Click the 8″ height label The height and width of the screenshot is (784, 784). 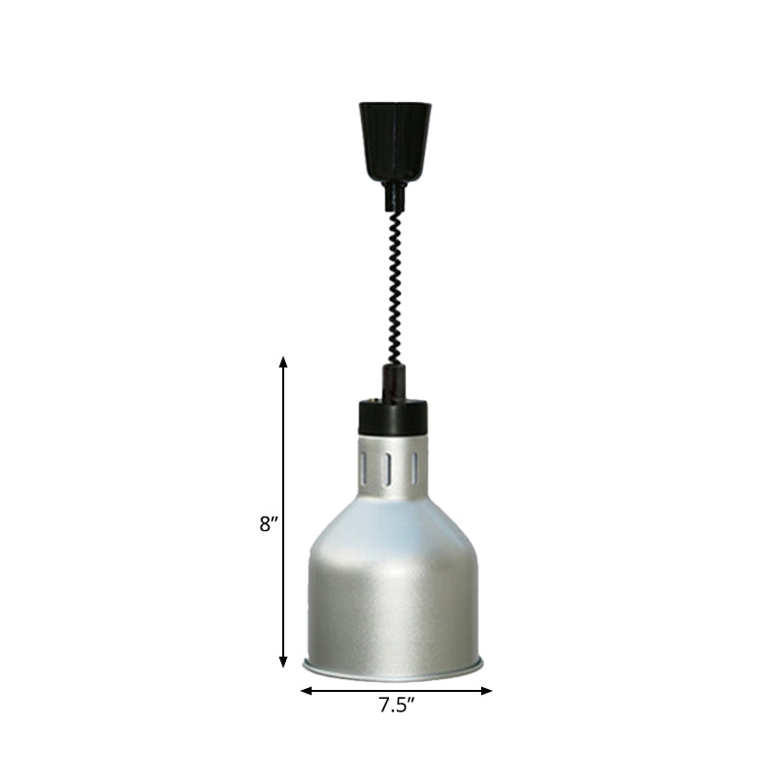point(268,524)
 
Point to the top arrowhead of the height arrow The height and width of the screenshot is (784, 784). point(284,362)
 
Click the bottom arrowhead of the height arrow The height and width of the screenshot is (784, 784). point(284,663)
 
